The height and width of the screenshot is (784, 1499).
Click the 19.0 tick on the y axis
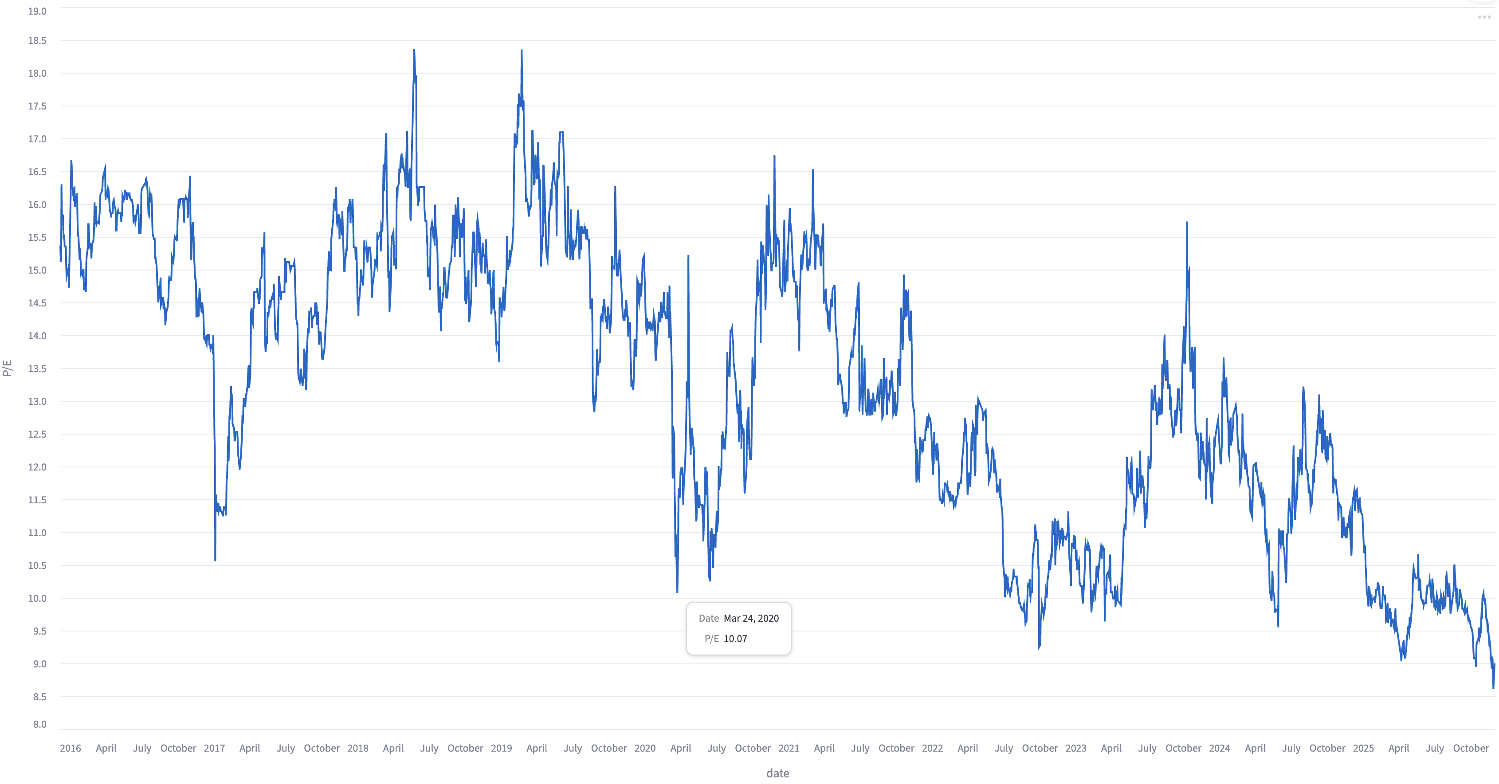37,11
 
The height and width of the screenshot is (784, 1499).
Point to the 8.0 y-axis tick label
39,724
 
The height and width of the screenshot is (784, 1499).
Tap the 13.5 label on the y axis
37,368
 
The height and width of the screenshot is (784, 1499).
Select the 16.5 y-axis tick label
37,172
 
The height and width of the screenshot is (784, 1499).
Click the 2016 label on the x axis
71,748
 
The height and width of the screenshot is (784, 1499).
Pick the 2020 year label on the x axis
645,748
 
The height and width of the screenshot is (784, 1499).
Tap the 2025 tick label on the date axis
1363,748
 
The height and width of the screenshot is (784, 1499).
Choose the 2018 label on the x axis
358,748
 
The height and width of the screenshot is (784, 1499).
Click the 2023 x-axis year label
1076,748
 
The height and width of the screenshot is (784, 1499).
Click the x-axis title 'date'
777,773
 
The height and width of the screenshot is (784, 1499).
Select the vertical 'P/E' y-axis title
8,368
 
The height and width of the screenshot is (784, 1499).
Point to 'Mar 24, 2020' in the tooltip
751,618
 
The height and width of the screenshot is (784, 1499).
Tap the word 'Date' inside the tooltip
708,618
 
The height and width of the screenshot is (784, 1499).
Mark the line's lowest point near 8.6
1493,688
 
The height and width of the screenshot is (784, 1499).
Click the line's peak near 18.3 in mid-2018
414,51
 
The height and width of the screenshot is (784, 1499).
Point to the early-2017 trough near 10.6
215,560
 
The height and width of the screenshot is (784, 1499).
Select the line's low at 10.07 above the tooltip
677,592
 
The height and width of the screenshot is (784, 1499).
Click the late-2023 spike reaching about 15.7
1187,223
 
